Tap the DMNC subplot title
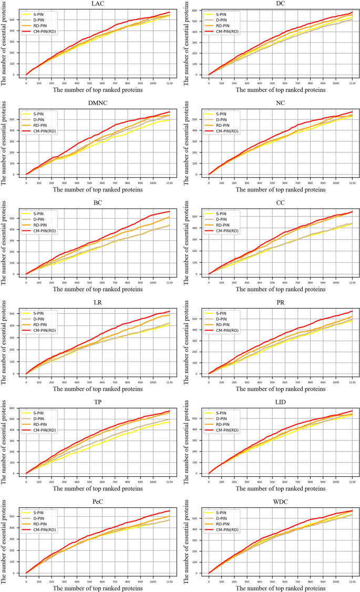pos(97,104)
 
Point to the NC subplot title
pos(280,104)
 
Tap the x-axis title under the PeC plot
pos(97,588)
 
